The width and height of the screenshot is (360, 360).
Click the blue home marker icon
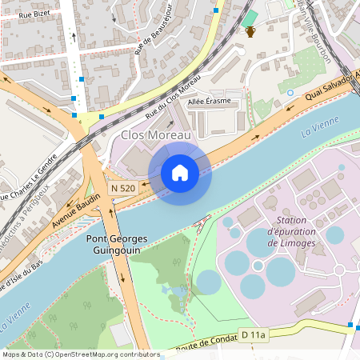pyautogui.click(x=180, y=172)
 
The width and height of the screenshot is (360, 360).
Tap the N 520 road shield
pyautogui.click(x=122, y=187)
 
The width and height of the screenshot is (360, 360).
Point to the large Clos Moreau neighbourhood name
pyautogui.click(x=156, y=136)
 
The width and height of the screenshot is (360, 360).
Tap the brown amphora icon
pyautogui.click(x=250, y=32)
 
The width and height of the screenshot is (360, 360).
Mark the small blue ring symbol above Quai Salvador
pyautogui.click(x=290, y=93)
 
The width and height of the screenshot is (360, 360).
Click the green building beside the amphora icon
pyautogui.click(x=250, y=18)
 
